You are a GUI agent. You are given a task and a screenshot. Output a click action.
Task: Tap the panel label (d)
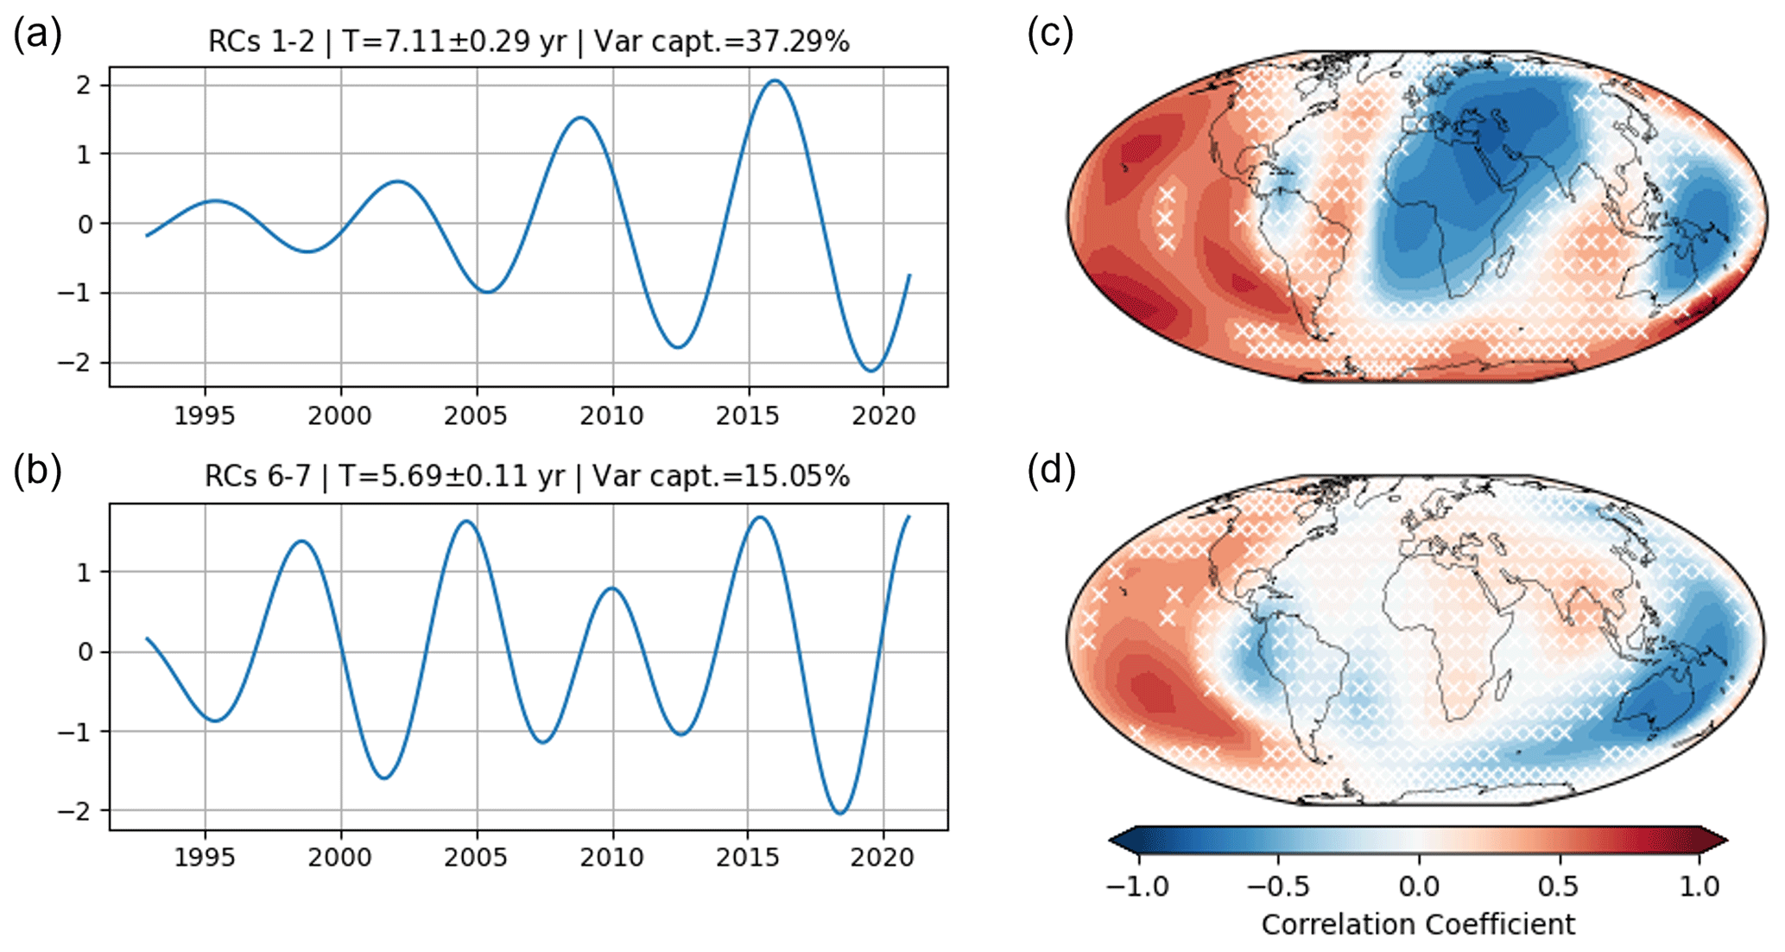tap(1050, 472)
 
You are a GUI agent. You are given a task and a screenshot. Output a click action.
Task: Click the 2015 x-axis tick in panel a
tap(748, 416)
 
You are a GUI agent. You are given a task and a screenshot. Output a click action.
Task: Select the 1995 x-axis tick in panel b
tap(205, 858)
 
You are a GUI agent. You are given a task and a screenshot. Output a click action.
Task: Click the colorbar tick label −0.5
tap(1279, 886)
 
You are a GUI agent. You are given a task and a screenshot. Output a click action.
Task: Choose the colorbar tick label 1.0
tap(1698, 886)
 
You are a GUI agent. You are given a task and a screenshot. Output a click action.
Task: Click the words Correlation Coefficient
tap(1418, 924)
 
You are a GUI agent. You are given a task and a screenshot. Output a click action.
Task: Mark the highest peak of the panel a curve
tap(775, 81)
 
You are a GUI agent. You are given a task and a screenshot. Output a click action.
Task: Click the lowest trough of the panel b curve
tap(840, 813)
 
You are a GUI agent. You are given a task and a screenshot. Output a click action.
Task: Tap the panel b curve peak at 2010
tap(612, 588)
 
